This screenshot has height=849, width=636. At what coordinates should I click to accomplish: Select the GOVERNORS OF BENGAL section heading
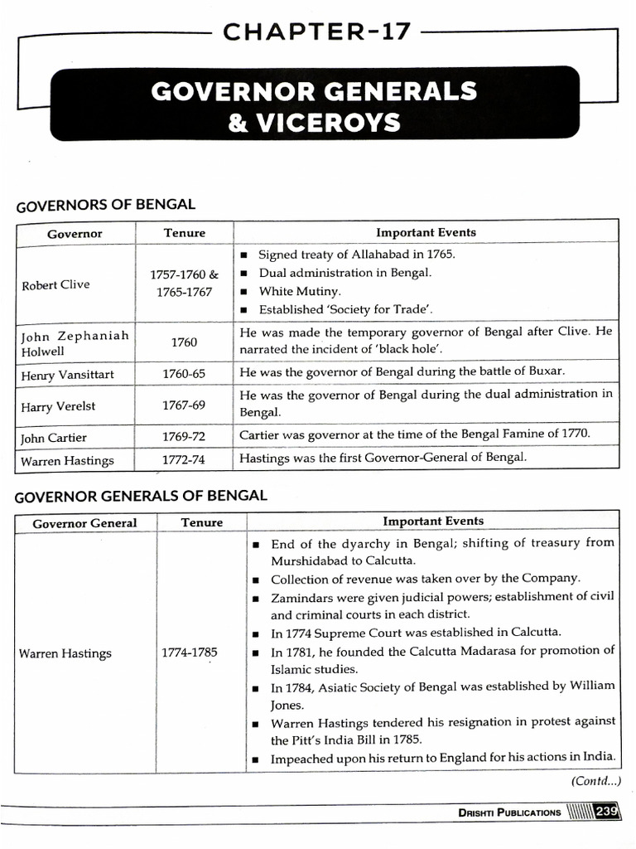click(106, 205)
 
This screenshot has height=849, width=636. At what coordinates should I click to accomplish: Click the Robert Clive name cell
click(55, 284)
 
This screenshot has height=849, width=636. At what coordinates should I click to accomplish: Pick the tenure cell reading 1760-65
click(183, 374)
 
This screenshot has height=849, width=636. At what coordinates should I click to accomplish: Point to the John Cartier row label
click(53, 437)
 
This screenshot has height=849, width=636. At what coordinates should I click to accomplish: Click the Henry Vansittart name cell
click(67, 375)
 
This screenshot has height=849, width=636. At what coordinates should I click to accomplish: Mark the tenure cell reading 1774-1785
click(189, 652)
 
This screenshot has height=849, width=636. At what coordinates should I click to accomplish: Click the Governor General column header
click(84, 523)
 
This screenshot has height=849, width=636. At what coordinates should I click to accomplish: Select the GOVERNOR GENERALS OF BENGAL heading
click(142, 496)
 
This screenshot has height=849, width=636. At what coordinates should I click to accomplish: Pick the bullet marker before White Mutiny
click(246, 292)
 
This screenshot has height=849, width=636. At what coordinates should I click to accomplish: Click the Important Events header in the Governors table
click(426, 232)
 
